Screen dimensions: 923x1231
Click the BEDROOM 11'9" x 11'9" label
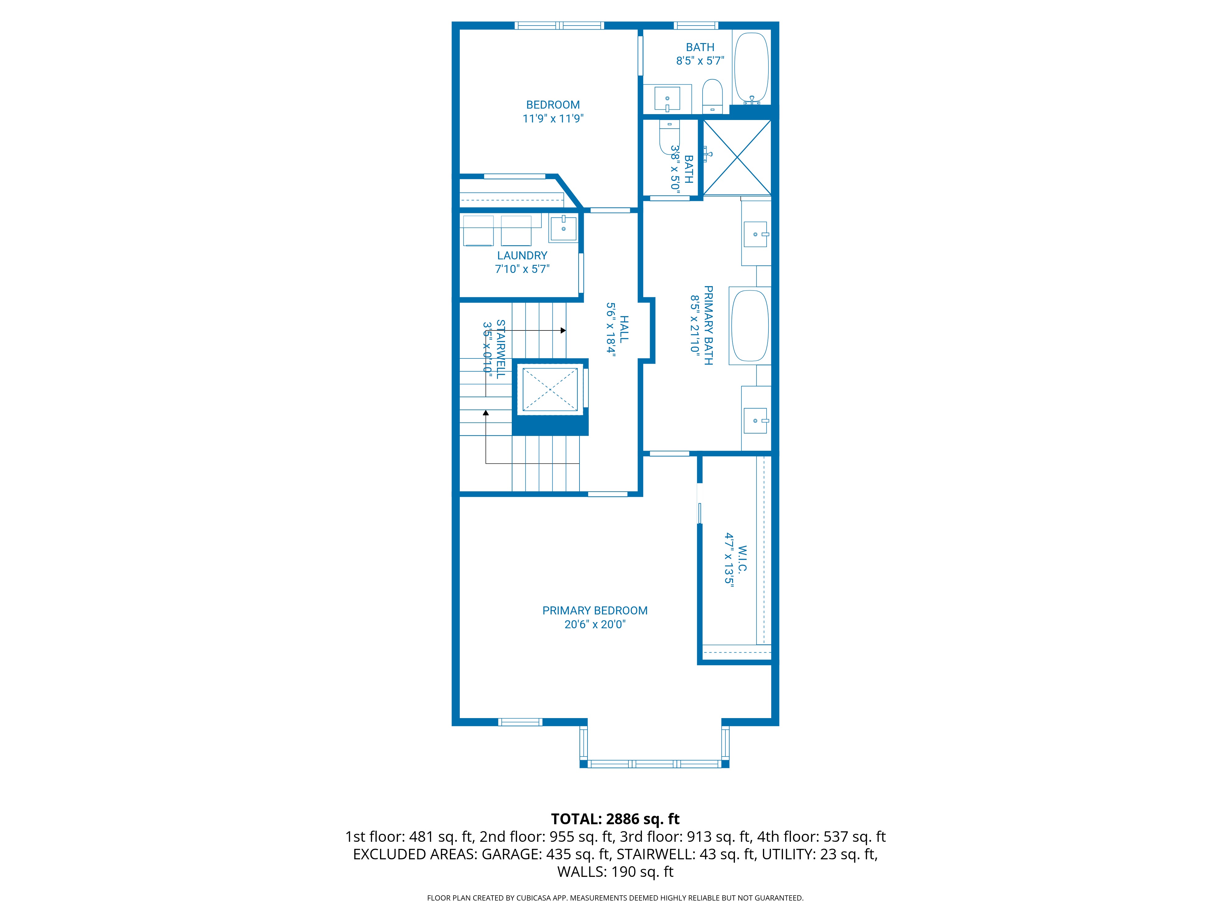tap(553, 111)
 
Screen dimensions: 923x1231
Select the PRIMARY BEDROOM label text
tap(595, 617)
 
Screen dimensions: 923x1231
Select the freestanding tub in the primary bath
tap(750, 326)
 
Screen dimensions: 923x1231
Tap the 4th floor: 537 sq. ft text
tap(821, 837)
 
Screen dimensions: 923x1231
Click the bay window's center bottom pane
tap(654, 764)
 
